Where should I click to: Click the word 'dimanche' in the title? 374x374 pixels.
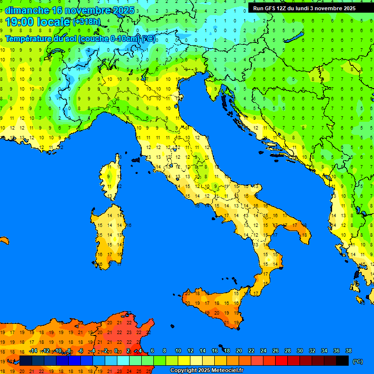(x=26, y=10)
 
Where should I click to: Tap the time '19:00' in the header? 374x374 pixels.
(x=19, y=22)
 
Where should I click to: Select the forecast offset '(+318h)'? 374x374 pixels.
(x=88, y=22)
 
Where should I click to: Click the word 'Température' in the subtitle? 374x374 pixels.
(x=29, y=38)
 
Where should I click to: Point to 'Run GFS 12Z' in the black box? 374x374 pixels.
(x=270, y=8)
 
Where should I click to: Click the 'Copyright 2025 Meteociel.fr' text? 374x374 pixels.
(x=206, y=371)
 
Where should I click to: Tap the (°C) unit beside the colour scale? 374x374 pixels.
(x=358, y=361)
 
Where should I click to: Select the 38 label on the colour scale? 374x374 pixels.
(x=348, y=351)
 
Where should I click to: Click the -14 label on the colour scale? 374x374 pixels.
(x=33, y=351)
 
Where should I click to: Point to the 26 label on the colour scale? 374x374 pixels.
(x=276, y=351)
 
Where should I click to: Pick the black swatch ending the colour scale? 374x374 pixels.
(x=342, y=361)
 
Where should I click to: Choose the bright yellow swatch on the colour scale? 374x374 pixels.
(x=184, y=361)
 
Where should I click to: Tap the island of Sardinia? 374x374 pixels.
(x=110, y=236)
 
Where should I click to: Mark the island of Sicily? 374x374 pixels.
(x=214, y=307)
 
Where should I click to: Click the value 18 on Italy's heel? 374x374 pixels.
(x=305, y=235)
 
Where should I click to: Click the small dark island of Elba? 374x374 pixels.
(x=136, y=159)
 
